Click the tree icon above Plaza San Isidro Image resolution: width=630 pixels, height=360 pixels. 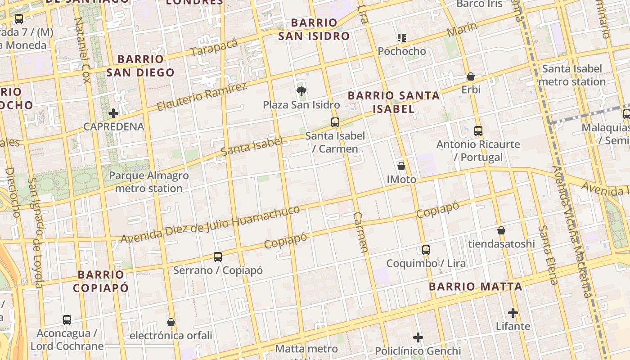tap(301, 91)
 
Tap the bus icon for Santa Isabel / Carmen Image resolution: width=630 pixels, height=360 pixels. tap(335, 122)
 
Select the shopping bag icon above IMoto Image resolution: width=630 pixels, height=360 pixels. tap(401, 166)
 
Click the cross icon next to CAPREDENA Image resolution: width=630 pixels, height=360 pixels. tap(113, 113)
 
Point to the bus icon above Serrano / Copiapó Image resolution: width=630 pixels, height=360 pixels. tap(218, 257)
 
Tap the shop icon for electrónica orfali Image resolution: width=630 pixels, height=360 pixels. tap(171, 322)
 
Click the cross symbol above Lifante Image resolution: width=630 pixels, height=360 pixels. tap(513, 313)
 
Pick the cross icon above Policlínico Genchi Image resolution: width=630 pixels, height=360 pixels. tap(418, 337)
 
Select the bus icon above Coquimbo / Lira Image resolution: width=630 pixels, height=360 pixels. tap(426, 250)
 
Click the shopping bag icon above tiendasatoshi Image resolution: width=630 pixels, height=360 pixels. tap(501, 230)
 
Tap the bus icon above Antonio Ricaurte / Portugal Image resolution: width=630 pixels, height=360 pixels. tap(478, 131)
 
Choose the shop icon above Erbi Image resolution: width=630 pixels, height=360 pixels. tap(471, 76)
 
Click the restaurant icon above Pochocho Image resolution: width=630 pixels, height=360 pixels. tap(402, 38)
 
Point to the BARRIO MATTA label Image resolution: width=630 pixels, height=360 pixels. tap(475, 287)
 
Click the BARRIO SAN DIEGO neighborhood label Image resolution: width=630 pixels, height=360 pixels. tap(140, 66)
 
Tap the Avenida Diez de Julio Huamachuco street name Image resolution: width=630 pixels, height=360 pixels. tap(210, 224)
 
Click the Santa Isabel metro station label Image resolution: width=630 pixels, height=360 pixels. tap(571, 75)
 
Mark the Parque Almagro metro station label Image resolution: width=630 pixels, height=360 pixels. tap(148, 182)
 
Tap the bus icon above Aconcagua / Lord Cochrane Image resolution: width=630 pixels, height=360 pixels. tap(67, 320)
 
